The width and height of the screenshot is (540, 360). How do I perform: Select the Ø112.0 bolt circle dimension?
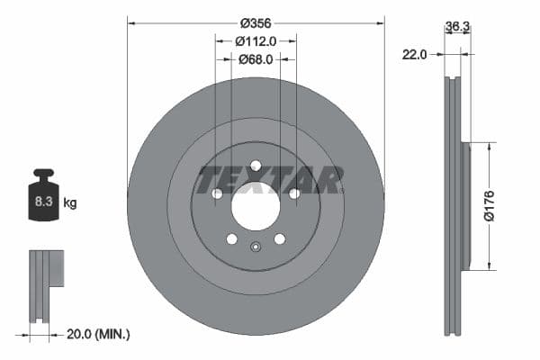(x=256, y=40)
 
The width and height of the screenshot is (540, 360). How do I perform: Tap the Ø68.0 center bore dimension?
(x=256, y=59)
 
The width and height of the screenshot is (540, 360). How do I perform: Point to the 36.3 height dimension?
(x=457, y=27)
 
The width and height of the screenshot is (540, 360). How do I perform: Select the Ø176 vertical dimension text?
(x=490, y=205)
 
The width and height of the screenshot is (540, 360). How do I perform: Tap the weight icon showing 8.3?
(x=43, y=196)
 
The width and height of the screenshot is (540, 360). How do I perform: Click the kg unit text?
(x=70, y=203)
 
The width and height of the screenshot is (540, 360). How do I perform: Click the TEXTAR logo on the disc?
(x=269, y=180)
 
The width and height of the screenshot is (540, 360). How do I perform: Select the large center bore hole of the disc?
(x=256, y=205)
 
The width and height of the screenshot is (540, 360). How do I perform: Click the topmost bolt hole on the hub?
(x=256, y=165)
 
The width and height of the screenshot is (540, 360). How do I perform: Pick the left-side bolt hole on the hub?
(x=217, y=193)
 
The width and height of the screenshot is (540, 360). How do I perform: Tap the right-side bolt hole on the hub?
(x=294, y=193)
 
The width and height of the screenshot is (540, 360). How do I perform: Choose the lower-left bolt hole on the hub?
(x=231, y=238)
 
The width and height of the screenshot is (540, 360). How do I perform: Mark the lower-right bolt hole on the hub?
(x=280, y=238)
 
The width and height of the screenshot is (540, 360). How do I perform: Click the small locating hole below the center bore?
(x=256, y=249)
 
